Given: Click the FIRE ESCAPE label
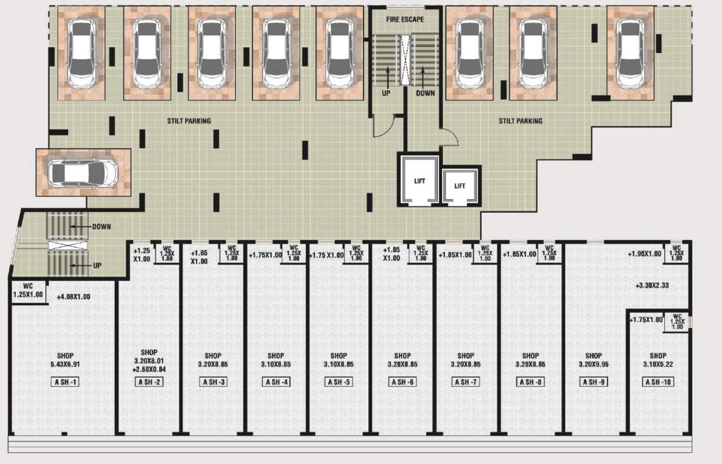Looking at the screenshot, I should coord(405,19).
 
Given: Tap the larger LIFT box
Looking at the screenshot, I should coord(420,181).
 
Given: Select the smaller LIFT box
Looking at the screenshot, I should coord(460,185).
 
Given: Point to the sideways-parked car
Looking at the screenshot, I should coord(83,173).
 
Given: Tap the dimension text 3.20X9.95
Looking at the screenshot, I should coord(594,364).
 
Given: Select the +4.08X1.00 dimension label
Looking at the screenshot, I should coord(73,297).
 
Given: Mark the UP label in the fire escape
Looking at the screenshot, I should coord(386,93).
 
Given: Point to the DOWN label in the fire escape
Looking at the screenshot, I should coord(425,93).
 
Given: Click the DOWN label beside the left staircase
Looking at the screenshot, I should coord(102,227).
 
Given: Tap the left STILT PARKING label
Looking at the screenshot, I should coord(189,121).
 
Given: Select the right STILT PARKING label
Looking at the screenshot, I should coord(521,121).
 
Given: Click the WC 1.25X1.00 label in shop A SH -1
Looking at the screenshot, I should coord(28,291).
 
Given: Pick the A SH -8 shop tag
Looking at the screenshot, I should coord(530,382).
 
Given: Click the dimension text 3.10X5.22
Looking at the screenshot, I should coord(658,364).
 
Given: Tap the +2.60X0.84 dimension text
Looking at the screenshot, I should coord(149,369).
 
